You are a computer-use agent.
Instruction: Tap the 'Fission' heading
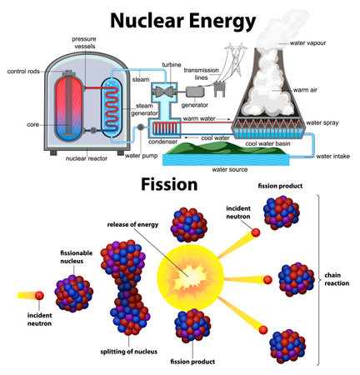pyautogui.click(x=168, y=183)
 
